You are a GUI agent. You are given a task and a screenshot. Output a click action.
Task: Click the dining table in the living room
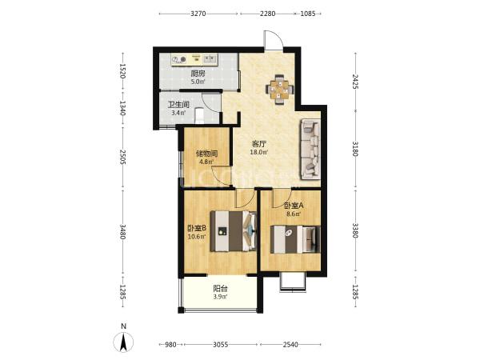click(x=279, y=90)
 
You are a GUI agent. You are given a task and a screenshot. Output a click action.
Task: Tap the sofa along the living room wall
click(x=310, y=149)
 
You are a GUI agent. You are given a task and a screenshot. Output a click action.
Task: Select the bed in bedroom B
click(x=234, y=231)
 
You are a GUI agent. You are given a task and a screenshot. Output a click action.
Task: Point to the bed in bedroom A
click(x=295, y=239)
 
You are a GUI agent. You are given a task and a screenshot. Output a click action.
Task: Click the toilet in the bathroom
click(x=199, y=116)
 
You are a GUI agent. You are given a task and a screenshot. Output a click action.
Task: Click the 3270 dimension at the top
click(x=198, y=14)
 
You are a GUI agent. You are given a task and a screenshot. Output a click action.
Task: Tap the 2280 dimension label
click(x=267, y=14)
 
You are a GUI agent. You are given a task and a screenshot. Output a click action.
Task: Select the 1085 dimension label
click(x=308, y=14)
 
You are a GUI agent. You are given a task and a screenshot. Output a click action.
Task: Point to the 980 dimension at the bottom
click(x=170, y=345)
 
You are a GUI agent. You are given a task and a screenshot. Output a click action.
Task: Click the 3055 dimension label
click(x=221, y=345)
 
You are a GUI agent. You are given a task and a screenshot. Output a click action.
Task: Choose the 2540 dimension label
click(x=290, y=345)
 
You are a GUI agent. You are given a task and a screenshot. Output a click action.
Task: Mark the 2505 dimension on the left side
click(x=122, y=157)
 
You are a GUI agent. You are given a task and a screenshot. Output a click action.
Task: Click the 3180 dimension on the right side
click(x=355, y=149)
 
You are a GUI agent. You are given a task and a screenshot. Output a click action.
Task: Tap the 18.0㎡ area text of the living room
click(x=259, y=152)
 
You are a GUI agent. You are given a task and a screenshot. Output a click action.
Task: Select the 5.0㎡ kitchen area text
click(x=198, y=82)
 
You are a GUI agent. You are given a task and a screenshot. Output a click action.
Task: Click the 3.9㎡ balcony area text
click(x=221, y=296)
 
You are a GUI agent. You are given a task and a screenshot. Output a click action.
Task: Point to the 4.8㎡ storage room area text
click(x=206, y=162)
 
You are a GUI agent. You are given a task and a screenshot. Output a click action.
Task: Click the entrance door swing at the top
click(x=274, y=40)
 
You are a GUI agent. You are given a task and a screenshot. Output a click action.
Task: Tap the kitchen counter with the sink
click(x=194, y=59)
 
